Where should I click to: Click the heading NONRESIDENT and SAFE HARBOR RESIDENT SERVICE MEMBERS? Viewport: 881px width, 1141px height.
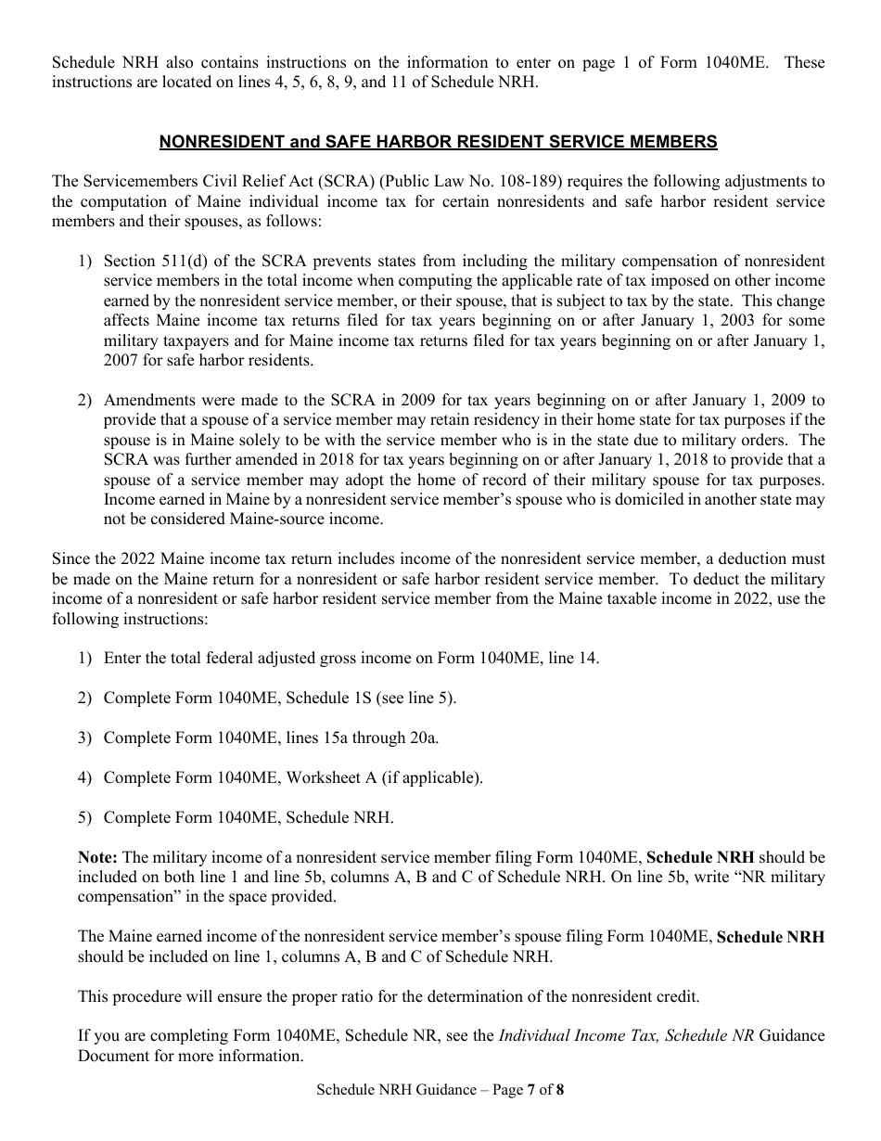tap(439, 142)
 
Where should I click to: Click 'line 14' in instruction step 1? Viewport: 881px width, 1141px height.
tap(572, 658)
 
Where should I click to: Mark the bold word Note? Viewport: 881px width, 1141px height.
tap(98, 857)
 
